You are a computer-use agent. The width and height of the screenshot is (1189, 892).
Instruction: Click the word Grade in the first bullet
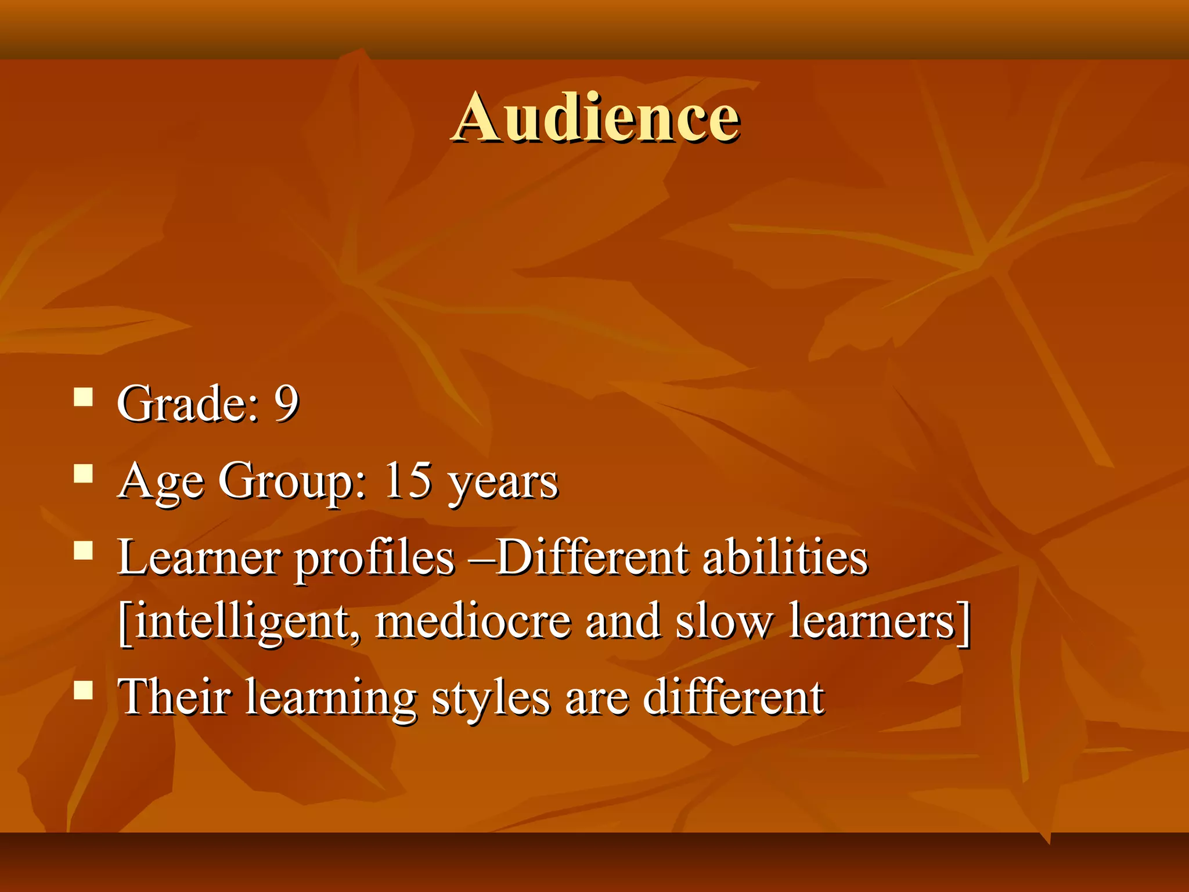pyautogui.click(x=185, y=403)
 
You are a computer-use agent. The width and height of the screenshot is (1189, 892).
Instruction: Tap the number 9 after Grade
pyautogui.click(x=286, y=403)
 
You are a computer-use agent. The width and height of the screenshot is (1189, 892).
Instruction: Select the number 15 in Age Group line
pyautogui.click(x=408, y=480)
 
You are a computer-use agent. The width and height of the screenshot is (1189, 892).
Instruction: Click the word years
pyautogui.click(x=503, y=483)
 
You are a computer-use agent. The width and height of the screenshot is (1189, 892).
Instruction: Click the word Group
pyautogui.click(x=292, y=481)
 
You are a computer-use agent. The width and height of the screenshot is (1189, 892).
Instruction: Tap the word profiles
pyautogui.click(x=375, y=559)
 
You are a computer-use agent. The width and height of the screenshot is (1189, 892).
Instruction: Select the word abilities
pyautogui.click(x=786, y=557)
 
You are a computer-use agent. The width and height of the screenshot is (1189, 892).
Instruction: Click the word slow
pyautogui.click(x=723, y=621)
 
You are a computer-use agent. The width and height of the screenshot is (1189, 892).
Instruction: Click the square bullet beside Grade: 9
pyautogui.click(x=84, y=398)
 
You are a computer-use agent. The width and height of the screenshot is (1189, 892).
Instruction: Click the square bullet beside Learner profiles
pyautogui.click(x=84, y=550)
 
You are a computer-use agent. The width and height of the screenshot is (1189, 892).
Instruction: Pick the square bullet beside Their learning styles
pyautogui.click(x=84, y=690)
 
